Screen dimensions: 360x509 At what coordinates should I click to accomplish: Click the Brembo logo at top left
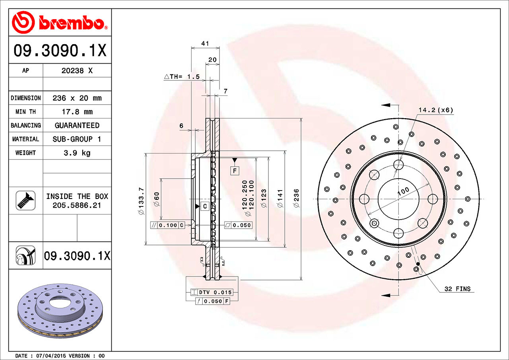60,22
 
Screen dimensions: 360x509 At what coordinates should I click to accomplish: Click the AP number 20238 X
77,71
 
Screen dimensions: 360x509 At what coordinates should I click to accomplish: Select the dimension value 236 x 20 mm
77,98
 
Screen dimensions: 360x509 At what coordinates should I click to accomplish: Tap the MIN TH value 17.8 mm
77,112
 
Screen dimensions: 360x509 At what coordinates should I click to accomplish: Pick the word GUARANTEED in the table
77,125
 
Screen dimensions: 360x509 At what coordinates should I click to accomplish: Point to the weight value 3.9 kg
77,153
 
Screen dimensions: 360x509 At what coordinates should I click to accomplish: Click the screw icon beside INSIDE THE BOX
25,200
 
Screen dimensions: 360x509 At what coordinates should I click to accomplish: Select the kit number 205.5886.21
77,205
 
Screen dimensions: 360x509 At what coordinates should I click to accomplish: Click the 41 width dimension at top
205,43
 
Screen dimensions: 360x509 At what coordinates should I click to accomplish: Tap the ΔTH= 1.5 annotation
182,77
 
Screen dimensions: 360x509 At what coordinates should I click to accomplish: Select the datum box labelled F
235,171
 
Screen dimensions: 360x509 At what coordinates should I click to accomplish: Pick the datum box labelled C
204,206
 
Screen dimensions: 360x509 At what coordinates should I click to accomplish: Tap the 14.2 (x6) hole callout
435,110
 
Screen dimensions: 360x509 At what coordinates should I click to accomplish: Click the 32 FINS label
457,289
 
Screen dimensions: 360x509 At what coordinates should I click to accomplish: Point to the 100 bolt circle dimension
403,191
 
